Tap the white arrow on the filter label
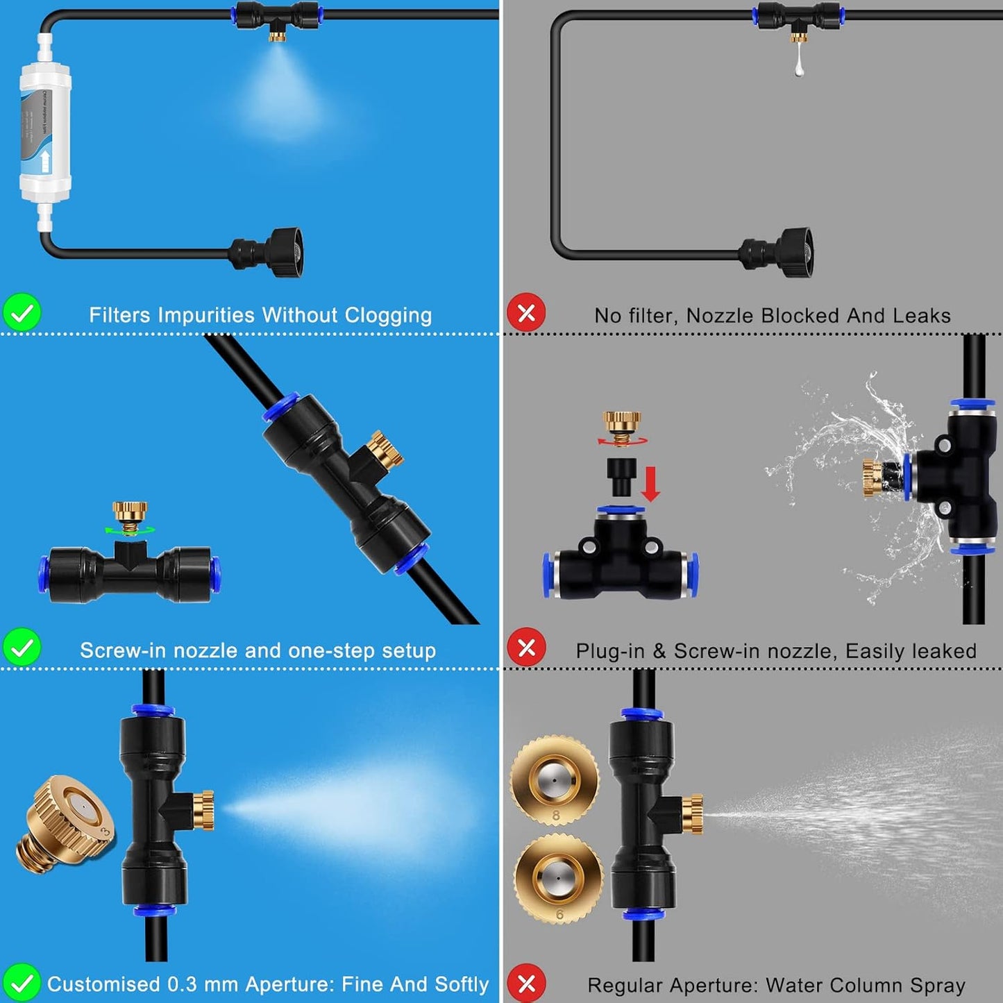[x=45, y=162]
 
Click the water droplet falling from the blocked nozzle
[x=799, y=66]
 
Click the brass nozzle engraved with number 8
[x=555, y=780]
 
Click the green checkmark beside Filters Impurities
[x=22, y=313]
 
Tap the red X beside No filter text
[x=526, y=313]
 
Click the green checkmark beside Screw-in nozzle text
[x=22, y=648]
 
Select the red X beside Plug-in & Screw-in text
[x=526, y=648]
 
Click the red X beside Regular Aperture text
[x=526, y=983]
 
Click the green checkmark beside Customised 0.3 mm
[x=22, y=983]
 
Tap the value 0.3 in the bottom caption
[x=182, y=984]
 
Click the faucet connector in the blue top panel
[x=271, y=251]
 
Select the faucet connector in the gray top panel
[x=781, y=251]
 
